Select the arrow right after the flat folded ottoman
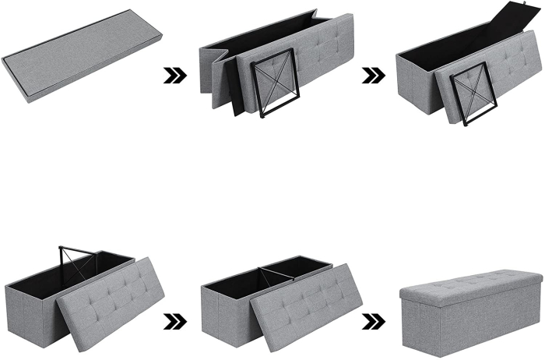pyautogui.click(x=174, y=76)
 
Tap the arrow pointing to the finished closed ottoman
pyautogui.click(x=374, y=321)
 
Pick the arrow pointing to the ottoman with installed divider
pyautogui.click(x=174, y=320)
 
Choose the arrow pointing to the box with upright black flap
pyautogui.click(x=374, y=76)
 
